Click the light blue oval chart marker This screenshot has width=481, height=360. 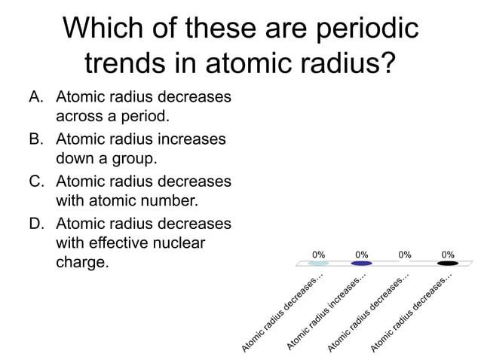pyautogui.click(x=318, y=264)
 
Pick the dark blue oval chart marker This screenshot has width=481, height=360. pyautogui.click(x=361, y=264)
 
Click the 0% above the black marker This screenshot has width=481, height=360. pyautogui.click(x=448, y=254)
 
